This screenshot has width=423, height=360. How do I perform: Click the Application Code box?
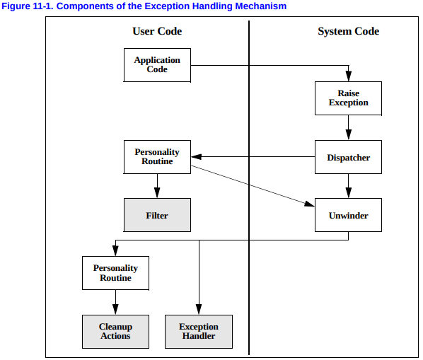pyautogui.click(x=157, y=65)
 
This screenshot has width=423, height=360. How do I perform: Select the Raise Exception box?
pyautogui.click(x=348, y=98)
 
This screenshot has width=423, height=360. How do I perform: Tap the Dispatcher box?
pyautogui.click(x=348, y=157)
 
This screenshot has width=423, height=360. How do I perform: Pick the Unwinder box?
pyautogui.click(x=348, y=215)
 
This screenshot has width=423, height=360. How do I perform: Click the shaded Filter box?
pyautogui.click(x=157, y=215)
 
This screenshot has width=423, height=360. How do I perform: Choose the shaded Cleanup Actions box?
pyautogui.click(x=115, y=332)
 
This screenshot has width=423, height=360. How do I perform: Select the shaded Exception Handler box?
pyautogui.click(x=199, y=332)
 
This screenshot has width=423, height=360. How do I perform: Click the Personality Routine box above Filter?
pyautogui.click(x=157, y=157)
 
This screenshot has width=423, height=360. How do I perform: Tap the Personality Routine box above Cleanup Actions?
pyautogui.click(x=115, y=273)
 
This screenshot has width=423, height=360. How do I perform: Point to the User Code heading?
pyautogui.click(x=157, y=31)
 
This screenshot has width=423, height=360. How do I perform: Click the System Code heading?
pyautogui.click(x=348, y=31)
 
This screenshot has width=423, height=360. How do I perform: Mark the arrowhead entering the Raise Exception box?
pyautogui.click(x=348, y=77)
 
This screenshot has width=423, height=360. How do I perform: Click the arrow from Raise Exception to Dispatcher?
pyautogui.click(x=348, y=127)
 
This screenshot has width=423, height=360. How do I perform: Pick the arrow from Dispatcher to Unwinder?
pyautogui.click(x=348, y=185)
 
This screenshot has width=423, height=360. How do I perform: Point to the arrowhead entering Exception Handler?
pyautogui.click(x=199, y=310)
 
